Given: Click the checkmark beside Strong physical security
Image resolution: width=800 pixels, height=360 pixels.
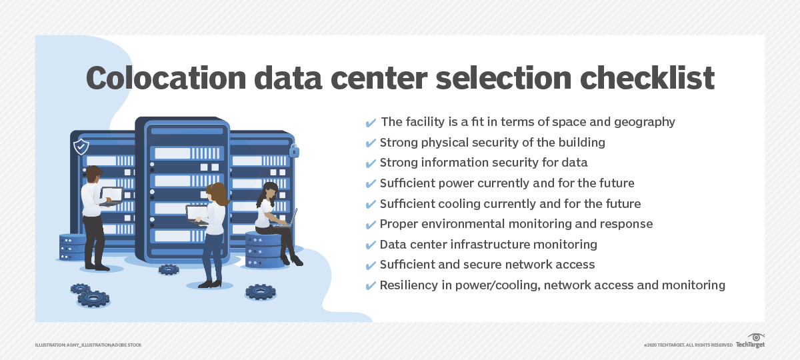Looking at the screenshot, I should tap(371, 143).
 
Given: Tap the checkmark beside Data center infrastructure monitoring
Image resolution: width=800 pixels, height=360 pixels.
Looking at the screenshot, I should tap(371, 245).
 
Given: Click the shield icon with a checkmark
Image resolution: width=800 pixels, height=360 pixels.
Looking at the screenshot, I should tap(81, 146).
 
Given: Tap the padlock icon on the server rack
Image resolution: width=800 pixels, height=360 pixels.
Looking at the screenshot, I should tap(294, 151).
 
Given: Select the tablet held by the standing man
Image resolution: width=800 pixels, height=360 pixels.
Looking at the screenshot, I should tap(111, 195).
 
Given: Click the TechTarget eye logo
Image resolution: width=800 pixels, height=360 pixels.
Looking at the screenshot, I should tap(756, 337).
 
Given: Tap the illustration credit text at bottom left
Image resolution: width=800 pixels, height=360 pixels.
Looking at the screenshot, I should tap(88, 345).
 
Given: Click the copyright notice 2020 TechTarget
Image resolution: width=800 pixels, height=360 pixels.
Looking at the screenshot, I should tap(688, 345).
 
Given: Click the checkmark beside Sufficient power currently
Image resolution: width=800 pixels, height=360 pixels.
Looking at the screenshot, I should tap(371, 183).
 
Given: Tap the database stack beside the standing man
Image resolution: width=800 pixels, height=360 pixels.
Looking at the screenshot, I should tap(72, 247).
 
